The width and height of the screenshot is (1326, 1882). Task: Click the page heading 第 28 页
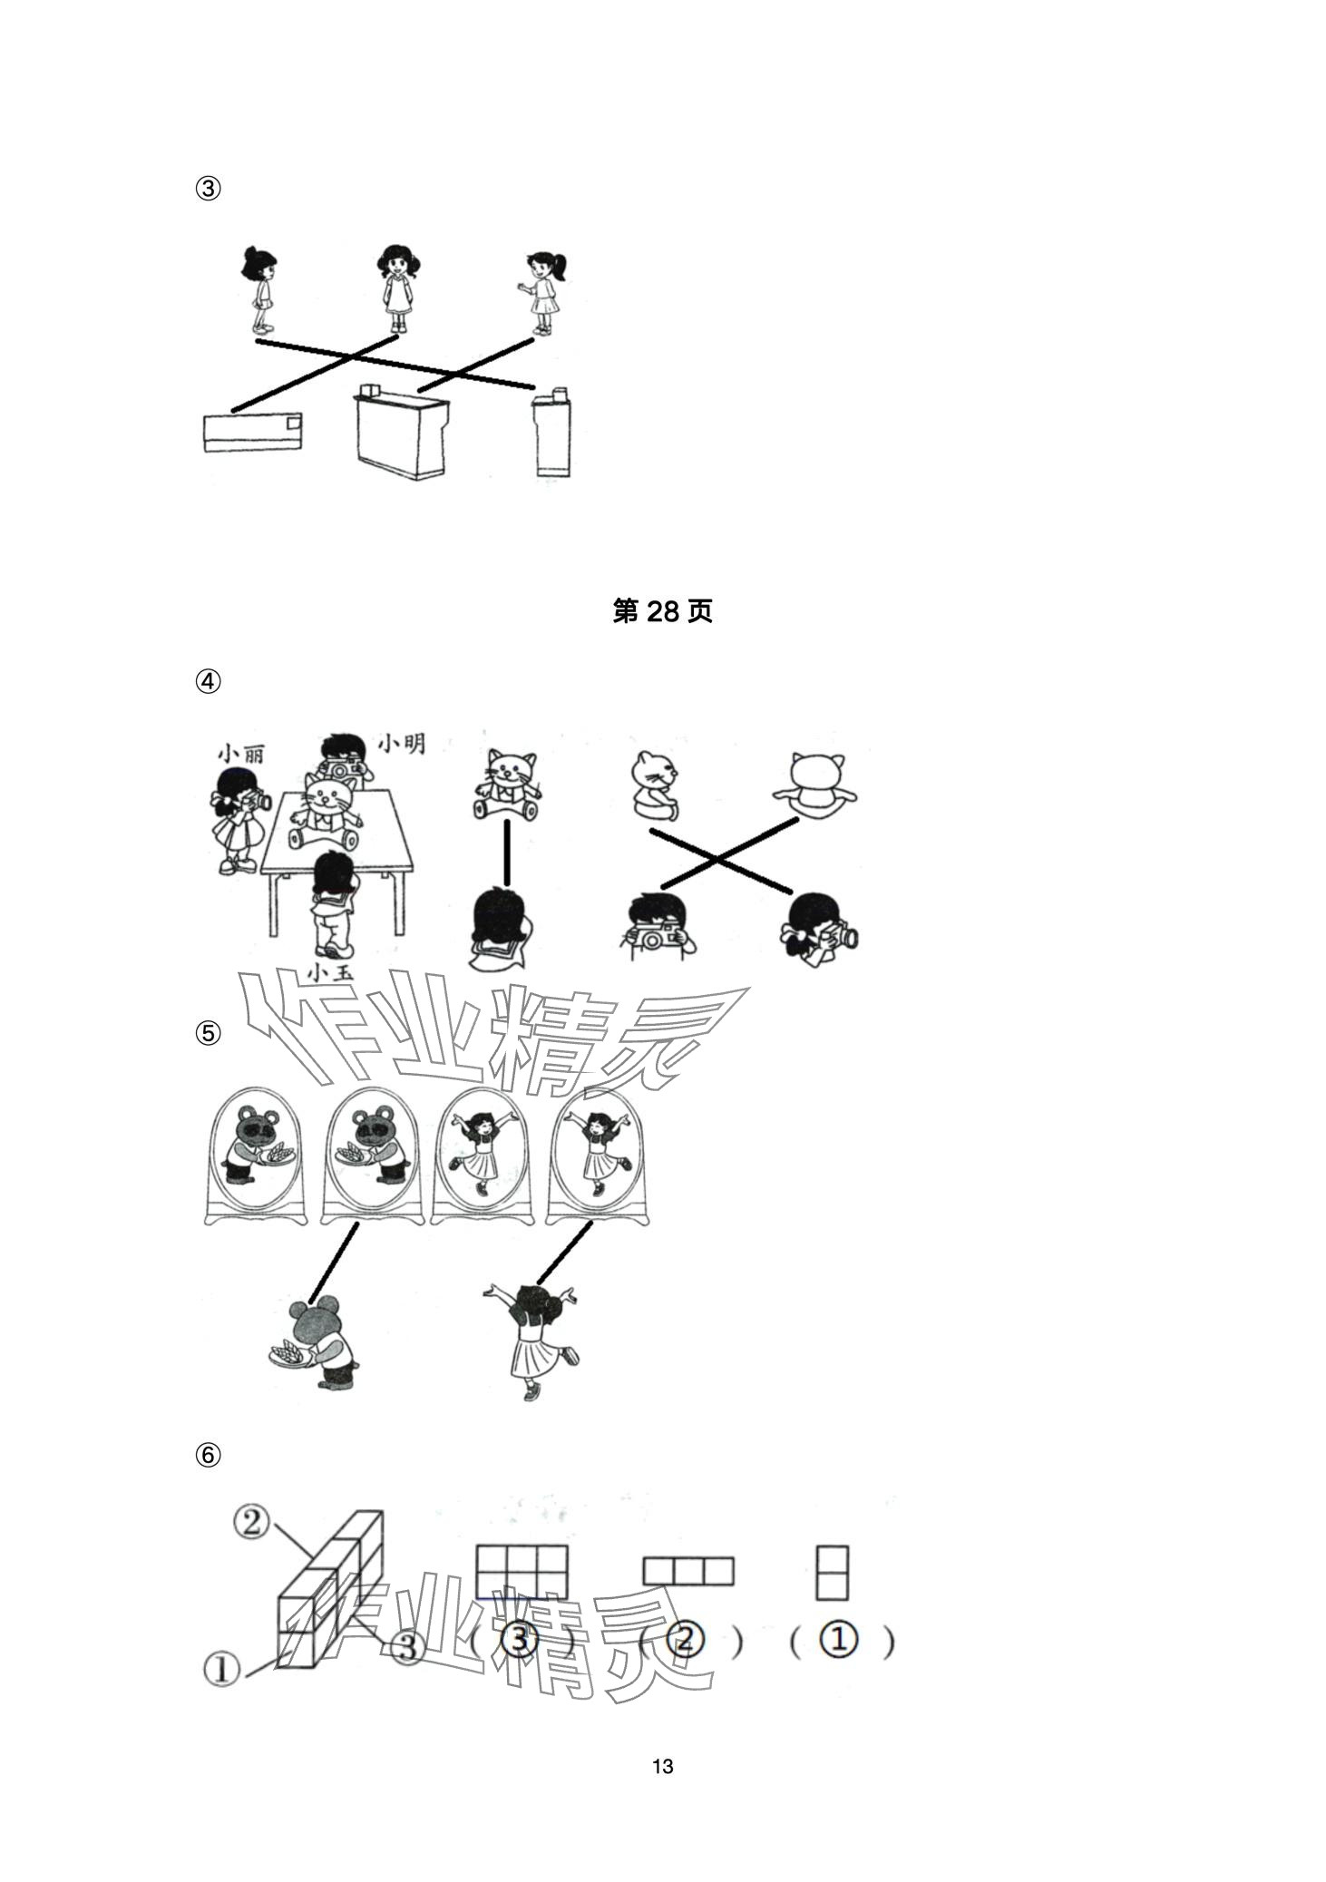click(x=662, y=611)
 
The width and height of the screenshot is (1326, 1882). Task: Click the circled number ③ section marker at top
click(x=208, y=189)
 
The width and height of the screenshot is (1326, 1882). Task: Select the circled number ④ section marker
click(x=208, y=681)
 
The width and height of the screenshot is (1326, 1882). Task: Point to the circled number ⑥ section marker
click(x=208, y=1456)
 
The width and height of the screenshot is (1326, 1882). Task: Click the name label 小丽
click(x=240, y=755)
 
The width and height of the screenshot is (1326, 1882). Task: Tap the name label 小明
click(x=401, y=744)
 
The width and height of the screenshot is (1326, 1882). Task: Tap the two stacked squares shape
click(x=832, y=1573)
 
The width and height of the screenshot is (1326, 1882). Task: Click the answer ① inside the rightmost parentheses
click(x=838, y=1641)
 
